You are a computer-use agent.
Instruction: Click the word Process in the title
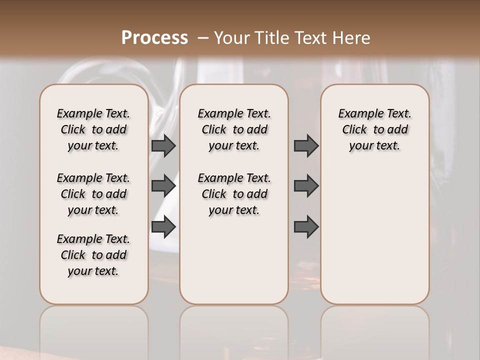coord(154,38)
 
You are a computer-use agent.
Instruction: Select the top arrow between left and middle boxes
coord(163,146)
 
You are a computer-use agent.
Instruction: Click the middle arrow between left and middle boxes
coord(163,186)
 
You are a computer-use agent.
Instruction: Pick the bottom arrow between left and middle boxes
coord(163,226)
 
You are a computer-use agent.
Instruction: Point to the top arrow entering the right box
coord(306,146)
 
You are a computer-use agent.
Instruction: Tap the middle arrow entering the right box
coord(306,186)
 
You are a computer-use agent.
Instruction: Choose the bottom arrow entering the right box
coord(306,226)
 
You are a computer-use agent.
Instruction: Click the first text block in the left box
coord(93,129)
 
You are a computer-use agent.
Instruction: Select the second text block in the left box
coord(93,194)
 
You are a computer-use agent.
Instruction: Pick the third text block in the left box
coord(93,255)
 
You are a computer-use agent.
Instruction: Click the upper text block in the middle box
coord(234,129)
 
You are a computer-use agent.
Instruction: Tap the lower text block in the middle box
coord(234,194)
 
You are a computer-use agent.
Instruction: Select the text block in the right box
coord(374,129)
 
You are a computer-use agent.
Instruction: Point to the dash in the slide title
coord(203,38)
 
